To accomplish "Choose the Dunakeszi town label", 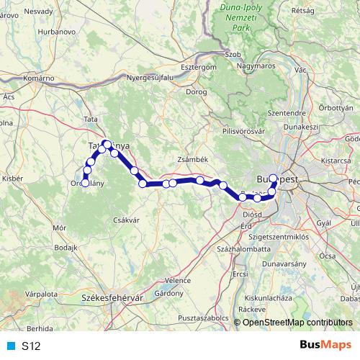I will pos(301,126).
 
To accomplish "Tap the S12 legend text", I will pos(31,346).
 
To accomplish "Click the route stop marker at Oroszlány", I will pos(86,183).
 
